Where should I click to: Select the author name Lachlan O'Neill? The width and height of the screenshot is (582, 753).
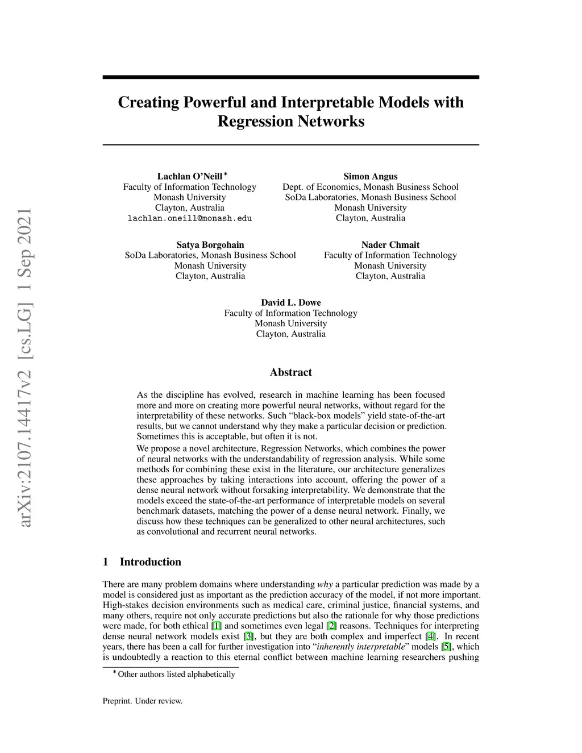tap(190, 176)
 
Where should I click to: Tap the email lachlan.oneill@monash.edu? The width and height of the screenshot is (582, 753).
tap(190, 218)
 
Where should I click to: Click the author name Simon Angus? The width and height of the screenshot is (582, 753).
tap(371, 176)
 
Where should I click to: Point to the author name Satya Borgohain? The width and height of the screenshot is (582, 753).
tap(210, 245)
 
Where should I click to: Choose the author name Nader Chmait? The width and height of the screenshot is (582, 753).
tap(390, 245)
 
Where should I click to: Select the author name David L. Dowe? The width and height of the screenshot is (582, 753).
tap(291, 302)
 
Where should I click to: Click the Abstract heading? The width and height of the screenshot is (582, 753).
tap(291, 372)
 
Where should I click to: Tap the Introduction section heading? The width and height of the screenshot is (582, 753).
tap(150, 562)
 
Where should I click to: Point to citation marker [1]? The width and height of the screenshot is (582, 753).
tap(217, 626)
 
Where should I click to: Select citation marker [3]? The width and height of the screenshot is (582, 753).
tap(248, 636)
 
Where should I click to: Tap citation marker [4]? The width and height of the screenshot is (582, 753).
tap(431, 636)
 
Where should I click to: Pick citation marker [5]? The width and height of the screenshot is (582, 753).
tap(447, 647)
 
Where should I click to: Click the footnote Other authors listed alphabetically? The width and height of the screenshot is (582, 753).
tap(176, 674)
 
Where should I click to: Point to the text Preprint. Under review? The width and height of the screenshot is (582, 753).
tap(143, 701)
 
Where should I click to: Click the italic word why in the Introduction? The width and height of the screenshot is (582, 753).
tap(325, 584)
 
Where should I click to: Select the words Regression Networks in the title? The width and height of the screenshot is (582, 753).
tap(291, 122)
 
